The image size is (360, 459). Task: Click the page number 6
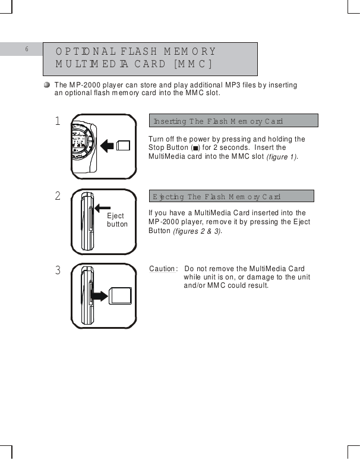tap(27, 49)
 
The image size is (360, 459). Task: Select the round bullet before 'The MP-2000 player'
tap(47, 85)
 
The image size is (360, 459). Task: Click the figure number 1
tap(58, 121)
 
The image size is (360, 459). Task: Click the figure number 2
tap(58, 196)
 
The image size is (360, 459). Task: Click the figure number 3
tap(58, 271)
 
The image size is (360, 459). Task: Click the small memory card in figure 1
tap(124, 144)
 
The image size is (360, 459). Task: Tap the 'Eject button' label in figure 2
tap(117, 221)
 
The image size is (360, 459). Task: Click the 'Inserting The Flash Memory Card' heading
tap(218, 121)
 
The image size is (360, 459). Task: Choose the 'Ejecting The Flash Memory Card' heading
tap(216, 197)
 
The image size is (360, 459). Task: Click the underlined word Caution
tap(163, 269)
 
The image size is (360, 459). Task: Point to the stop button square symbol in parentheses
tap(195, 148)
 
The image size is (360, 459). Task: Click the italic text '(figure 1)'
tap(282, 157)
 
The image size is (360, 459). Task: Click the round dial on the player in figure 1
tap(81, 143)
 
